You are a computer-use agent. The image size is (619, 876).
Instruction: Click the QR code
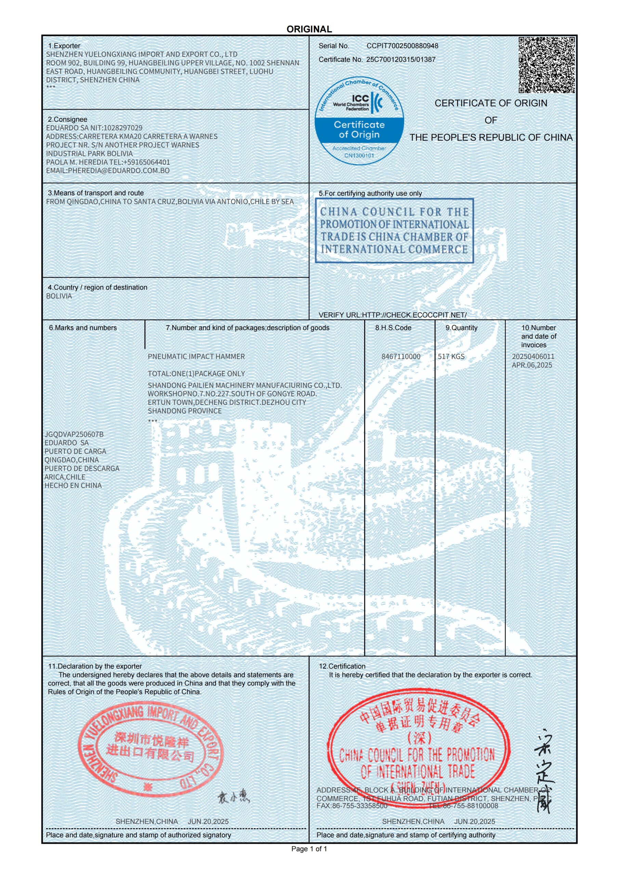[x=546, y=65]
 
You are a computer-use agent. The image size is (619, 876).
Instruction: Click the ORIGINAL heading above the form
[x=309, y=29]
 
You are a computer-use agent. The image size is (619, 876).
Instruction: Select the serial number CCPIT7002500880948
[x=403, y=46]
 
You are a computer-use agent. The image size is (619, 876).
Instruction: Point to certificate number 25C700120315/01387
[x=401, y=60]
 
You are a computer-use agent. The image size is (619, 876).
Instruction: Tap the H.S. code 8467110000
[x=401, y=356]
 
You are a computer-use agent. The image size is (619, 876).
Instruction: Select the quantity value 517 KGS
[x=451, y=356]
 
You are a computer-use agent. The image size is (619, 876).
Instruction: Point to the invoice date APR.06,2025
[x=532, y=365]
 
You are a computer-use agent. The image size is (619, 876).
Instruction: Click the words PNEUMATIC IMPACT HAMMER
[x=196, y=356]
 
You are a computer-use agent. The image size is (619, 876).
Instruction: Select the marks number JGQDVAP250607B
[x=74, y=434]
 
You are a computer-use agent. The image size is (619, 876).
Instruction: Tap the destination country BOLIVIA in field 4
[x=59, y=296]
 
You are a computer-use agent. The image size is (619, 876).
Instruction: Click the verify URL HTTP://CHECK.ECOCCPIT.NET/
[x=414, y=315]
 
